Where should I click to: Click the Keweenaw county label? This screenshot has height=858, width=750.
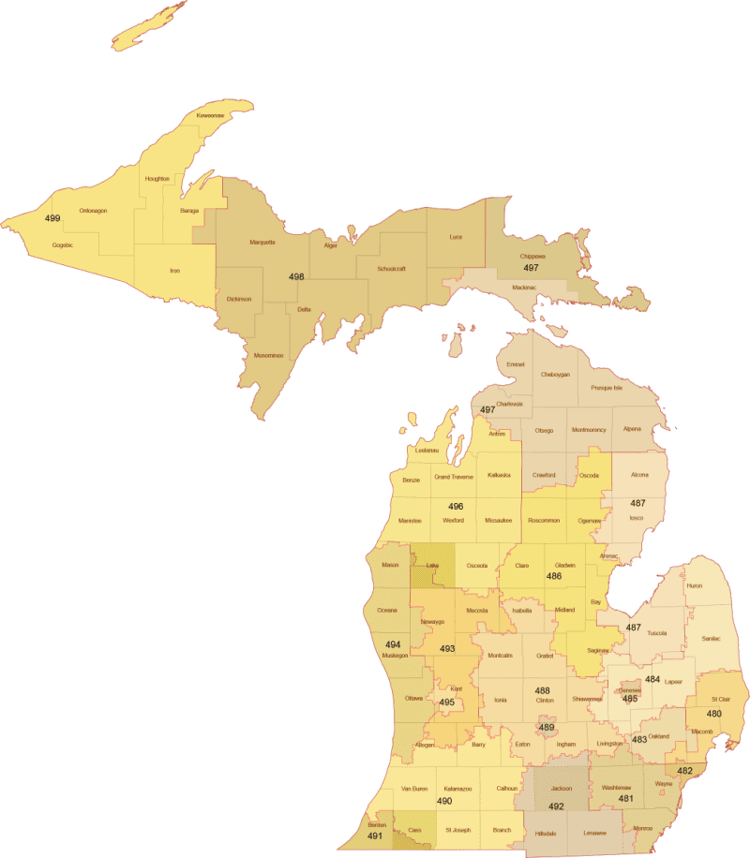210,115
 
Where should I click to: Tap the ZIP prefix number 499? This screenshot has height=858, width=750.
52,218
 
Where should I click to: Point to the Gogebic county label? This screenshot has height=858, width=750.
62,244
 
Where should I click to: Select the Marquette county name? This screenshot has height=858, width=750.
262,242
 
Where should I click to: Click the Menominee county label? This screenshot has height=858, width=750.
268,355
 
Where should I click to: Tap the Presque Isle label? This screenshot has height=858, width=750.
607,387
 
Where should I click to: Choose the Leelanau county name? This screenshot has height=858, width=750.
427,451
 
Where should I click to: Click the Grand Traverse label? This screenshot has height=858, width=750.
454,477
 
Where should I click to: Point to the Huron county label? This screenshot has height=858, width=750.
694,585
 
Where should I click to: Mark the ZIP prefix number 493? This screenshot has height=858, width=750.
447,648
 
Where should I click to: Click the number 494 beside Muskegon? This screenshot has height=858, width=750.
393,644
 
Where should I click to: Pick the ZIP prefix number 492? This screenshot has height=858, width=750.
556,805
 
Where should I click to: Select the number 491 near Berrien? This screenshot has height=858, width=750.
375,836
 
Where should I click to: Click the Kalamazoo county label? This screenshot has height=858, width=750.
457,789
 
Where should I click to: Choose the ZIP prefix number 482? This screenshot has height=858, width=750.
684,771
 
